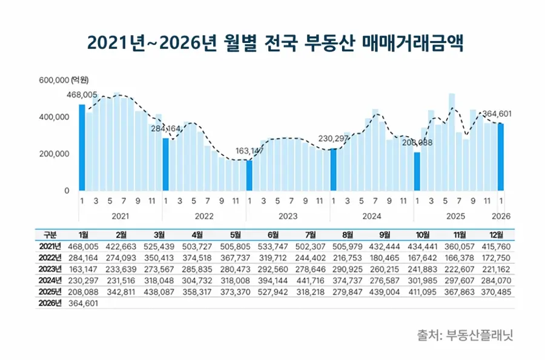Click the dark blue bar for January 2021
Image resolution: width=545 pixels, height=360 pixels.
tap(82, 148)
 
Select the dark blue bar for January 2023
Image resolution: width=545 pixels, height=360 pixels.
tap(249, 175)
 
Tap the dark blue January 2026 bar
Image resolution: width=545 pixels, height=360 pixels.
tap(501, 157)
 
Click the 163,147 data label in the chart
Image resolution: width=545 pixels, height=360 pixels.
tap(249, 151)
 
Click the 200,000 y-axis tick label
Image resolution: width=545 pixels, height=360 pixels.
tap(54, 154)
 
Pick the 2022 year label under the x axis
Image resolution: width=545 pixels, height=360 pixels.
tap(204, 215)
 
